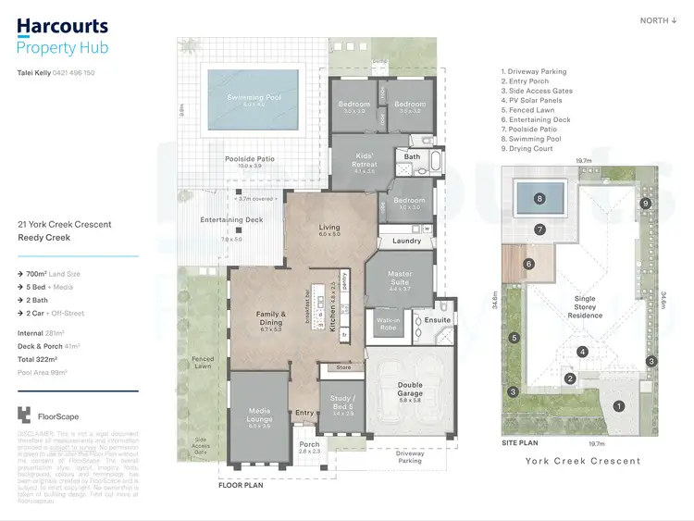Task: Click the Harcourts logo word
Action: [62, 28]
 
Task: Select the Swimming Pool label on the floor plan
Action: [254, 97]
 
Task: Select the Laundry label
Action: [406, 241]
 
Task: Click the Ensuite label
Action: [437, 320]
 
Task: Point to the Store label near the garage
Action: [343, 367]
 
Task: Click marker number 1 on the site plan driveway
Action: [619, 405]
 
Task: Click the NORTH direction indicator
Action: [658, 20]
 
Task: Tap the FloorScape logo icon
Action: [23, 416]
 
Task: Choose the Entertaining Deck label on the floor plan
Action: [231, 219]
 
